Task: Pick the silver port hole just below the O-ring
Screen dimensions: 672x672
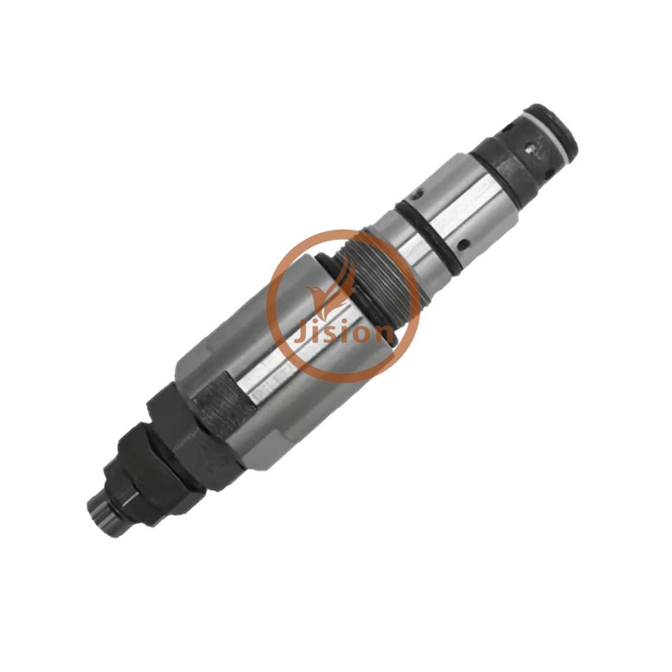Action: [x=463, y=245]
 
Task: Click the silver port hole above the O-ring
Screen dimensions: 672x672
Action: [x=415, y=195]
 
